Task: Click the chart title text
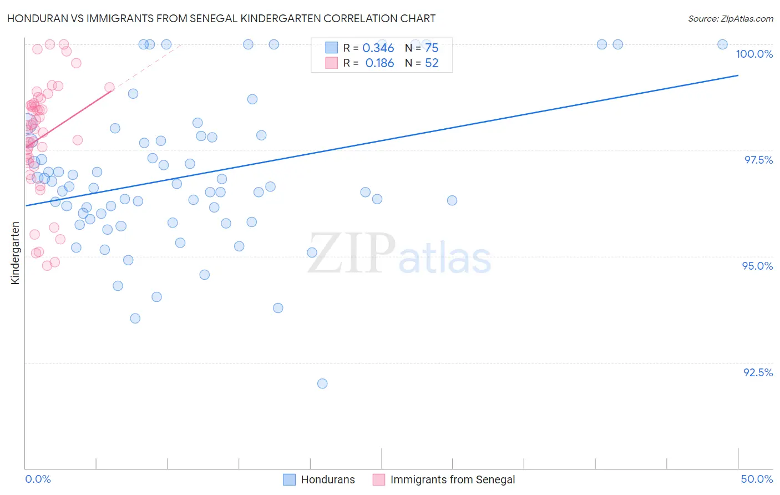click(221, 18)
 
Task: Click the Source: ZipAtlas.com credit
click(730, 18)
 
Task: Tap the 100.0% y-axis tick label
click(754, 54)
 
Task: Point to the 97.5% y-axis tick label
click(758, 160)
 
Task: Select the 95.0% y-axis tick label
click(757, 266)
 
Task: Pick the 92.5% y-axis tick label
click(758, 372)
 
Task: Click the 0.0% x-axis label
click(38, 479)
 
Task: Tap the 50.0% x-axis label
click(757, 479)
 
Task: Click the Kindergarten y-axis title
click(15, 253)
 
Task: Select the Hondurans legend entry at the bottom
click(320, 479)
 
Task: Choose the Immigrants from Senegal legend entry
click(444, 479)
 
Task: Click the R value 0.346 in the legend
click(378, 48)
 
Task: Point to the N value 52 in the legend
click(432, 63)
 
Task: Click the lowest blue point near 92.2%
click(322, 383)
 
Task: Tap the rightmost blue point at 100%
click(722, 44)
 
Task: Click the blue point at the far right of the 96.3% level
click(452, 200)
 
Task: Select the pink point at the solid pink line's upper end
click(109, 87)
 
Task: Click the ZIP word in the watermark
click(351, 254)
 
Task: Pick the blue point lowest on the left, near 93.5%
click(135, 319)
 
